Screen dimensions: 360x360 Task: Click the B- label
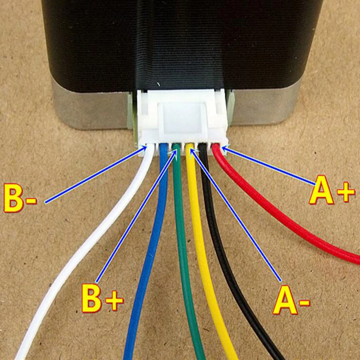[20, 198]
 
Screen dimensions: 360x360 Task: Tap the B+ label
[102, 298]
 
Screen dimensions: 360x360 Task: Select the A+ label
[332, 190]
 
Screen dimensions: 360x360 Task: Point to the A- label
[291, 300]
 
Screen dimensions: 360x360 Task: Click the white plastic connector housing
[183, 122]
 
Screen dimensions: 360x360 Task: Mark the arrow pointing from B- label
[96, 174]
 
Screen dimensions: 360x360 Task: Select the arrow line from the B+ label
[137, 215]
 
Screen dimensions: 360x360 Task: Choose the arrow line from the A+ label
[269, 166]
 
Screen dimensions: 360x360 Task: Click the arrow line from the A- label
[236, 215]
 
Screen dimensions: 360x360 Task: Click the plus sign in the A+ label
[346, 192]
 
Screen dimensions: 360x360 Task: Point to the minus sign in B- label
[31, 201]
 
